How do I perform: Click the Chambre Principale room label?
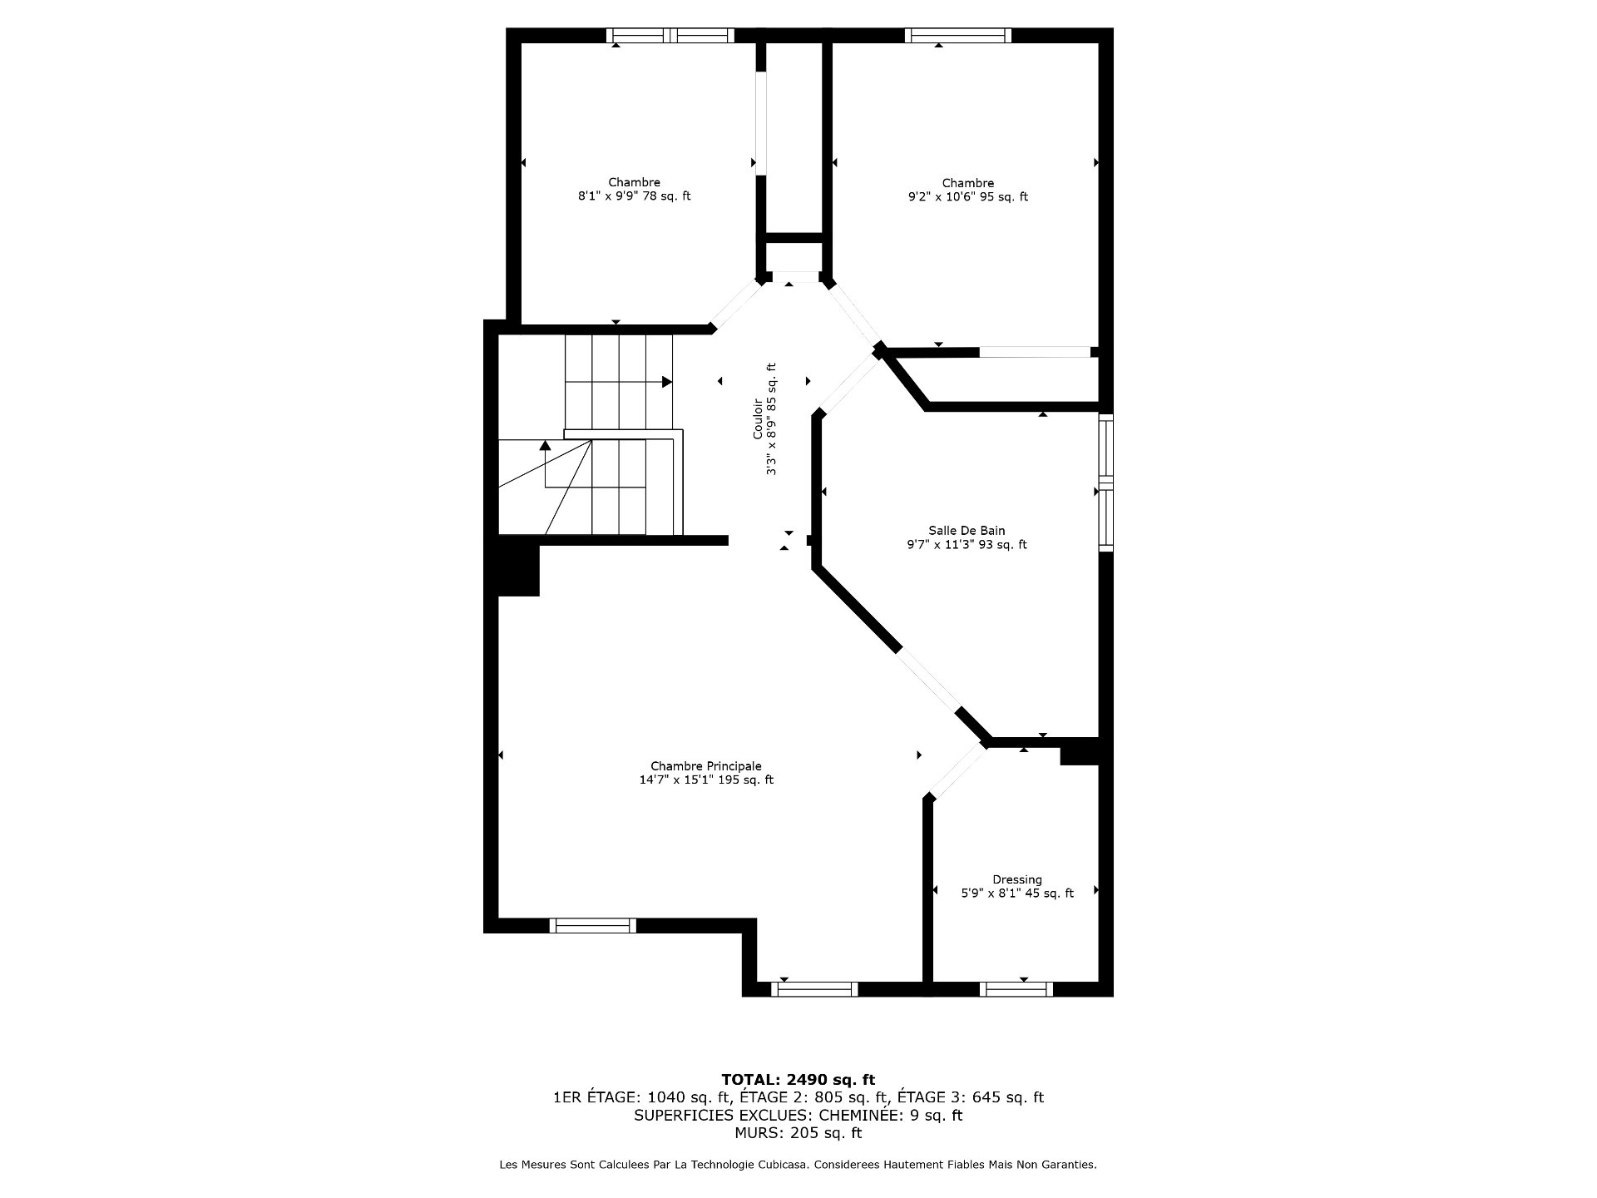pyautogui.click(x=705, y=766)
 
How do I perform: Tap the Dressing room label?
pyautogui.click(x=1016, y=879)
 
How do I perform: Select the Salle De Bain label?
pyautogui.click(x=967, y=531)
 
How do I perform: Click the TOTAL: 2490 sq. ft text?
pyautogui.click(x=798, y=1080)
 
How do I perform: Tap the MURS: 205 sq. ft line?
pyautogui.click(x=798, y=1133)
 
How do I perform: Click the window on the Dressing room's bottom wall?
pyautogui.click(x=1016, y=989)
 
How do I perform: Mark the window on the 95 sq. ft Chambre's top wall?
pyautogui.click(x=958, y=35)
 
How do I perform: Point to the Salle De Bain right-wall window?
pyautogui.click(x=1106, y=483)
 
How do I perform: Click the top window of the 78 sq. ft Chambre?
pyautogui.click(x=670, y=35)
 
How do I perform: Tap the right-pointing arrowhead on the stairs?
pyautogui.click(x=667, y=382)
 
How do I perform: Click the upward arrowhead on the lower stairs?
pyautogui.click(x=546, y=445)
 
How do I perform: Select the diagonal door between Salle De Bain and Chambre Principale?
pyautogui.click(x=928, y=681)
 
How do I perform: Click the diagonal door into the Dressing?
pyautogui.click(x=957, y=771)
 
